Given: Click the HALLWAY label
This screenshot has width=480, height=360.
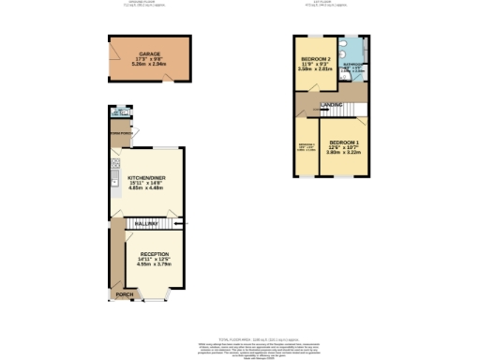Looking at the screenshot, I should coord(144,224).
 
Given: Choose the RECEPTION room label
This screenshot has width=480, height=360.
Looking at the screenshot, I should coord(155,254).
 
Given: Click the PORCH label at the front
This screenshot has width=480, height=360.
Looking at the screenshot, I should coord(123,294).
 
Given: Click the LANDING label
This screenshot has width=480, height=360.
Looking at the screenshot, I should coord(332,104).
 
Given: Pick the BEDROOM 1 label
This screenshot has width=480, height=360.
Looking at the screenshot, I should coord(343,142).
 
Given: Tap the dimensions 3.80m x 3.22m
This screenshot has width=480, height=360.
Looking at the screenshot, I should coord(343,153).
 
